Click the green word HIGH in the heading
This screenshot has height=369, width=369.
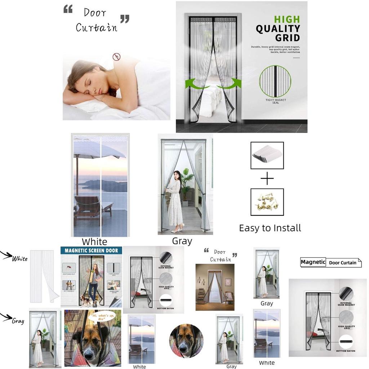click(x=287, y=19)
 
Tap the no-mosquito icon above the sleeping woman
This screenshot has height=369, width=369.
click(x=116, y=57)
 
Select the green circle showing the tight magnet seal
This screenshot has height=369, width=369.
click(x=275, y=81)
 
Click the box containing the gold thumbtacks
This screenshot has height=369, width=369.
click(x=267, y=202)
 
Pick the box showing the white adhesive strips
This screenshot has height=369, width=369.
click(x=267, y=155)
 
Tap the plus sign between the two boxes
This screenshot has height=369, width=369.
click(x=267, y=179)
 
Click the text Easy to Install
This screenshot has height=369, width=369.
click(x=270, y=228)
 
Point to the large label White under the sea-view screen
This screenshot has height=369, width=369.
click(x=94, y=241)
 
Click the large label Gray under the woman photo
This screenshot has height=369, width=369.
click(x=182, y=241)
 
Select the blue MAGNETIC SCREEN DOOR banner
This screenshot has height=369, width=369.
click(x=92, y=250)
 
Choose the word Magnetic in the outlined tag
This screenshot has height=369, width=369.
click(x=313, y=262)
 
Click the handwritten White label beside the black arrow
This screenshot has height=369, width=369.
click(x=19, y=259)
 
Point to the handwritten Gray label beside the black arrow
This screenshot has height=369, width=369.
click(x=18, y=321)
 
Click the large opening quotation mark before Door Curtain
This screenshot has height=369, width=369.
click(x=68, y=9)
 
